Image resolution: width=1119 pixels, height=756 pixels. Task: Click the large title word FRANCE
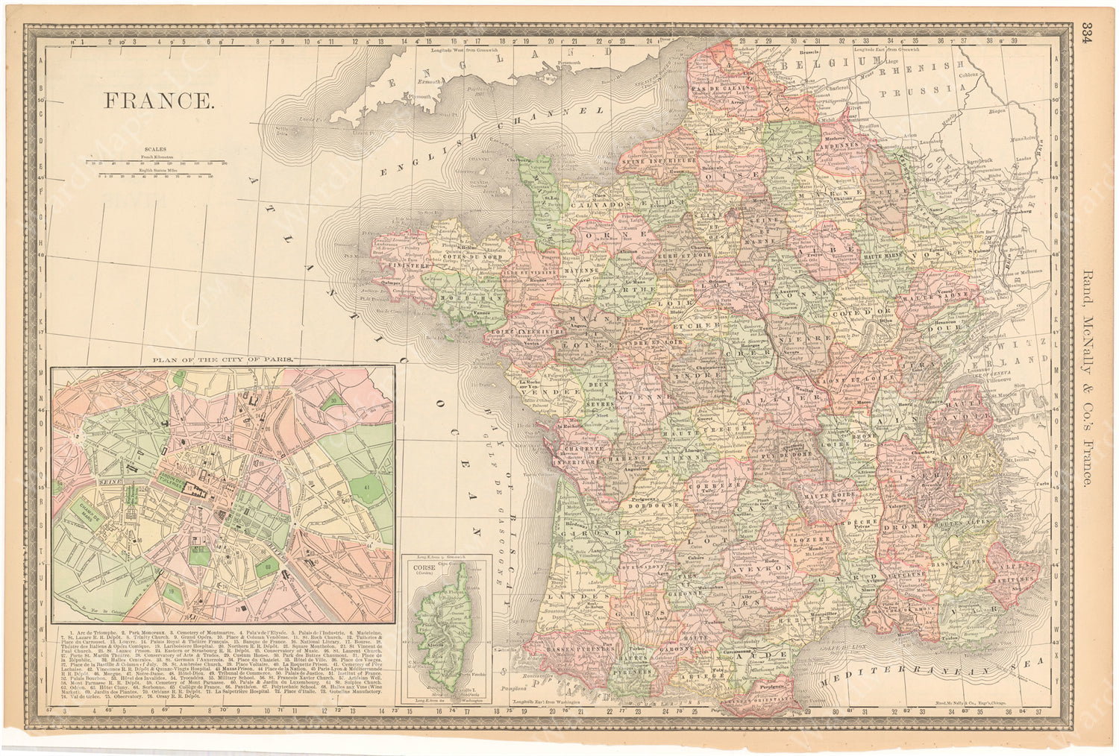pos(157,100)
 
